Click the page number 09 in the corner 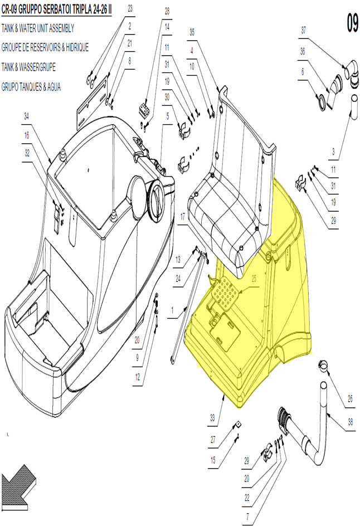coord(352,23)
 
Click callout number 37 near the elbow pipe coord(304,30)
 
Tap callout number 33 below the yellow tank coord(212,418)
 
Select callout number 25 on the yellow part coord(254,279)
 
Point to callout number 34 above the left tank coord(26,116)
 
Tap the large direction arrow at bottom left coord(18,486)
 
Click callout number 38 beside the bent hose coord(350,422)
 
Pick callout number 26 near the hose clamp coord(350,398)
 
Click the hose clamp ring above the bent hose coord(324,365)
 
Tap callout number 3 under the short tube coord(333,152)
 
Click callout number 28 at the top coord(167,11)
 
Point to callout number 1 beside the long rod coord(172,310)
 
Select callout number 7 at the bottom coord(247,517)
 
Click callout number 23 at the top coord(130,8)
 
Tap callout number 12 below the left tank coord(137,377)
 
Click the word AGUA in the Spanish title coord(54,87)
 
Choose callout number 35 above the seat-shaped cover coord(192,32)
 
